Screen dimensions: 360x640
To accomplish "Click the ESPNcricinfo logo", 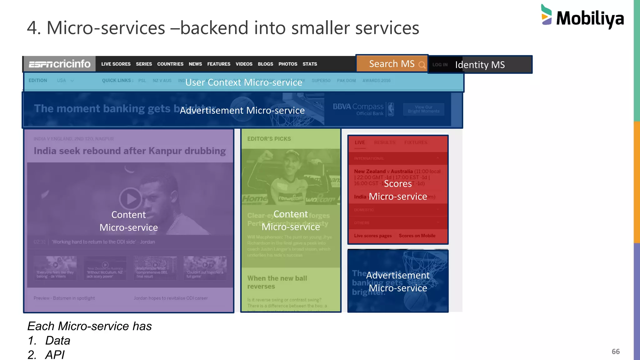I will (59, 64).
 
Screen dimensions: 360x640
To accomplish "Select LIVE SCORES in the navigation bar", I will (116, 64).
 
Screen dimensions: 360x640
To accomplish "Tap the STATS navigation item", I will (310, 64).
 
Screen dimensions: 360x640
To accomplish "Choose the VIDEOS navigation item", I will (244, 64).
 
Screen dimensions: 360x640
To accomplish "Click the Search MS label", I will (392, 64).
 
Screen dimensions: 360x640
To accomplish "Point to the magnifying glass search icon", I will (422, 65).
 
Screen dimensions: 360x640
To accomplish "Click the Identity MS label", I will (480, 65).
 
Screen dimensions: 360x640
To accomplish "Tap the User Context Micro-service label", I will (244, 82).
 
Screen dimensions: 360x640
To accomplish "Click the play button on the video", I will (130, 198).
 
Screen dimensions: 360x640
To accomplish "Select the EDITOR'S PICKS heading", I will (269, 139).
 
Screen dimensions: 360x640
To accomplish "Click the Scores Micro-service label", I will (398, 190).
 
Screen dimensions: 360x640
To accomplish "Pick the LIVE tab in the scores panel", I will (360, 142).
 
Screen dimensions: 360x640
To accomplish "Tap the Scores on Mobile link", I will (417, 236).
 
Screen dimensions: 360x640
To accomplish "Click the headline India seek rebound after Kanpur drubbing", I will (130, 151).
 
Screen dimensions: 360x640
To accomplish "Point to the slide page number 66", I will (616, 352).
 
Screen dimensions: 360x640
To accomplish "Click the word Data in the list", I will (58, 340).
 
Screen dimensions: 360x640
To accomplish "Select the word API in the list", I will (55, 355).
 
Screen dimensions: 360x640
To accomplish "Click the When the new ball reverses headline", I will (277, 282).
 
